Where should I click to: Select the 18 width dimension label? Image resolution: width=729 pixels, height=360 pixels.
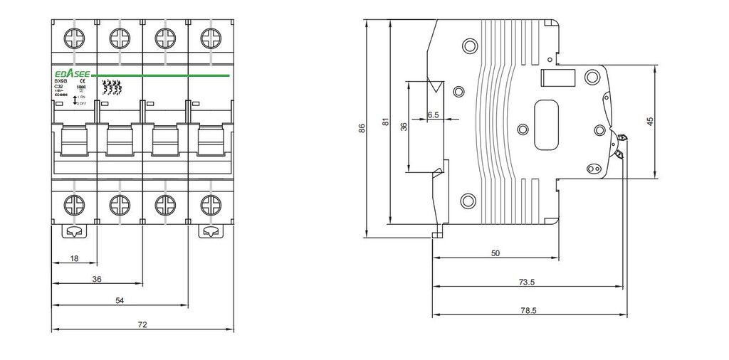(75, 258)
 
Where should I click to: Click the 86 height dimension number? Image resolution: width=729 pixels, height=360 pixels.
(362, 129)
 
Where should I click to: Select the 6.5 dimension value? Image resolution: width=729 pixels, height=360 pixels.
(433, 114)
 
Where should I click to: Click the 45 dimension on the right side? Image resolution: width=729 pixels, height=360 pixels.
(649, 122)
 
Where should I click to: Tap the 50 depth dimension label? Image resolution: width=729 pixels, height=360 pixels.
(495, 253)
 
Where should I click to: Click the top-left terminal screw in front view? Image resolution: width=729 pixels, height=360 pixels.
(74, 36)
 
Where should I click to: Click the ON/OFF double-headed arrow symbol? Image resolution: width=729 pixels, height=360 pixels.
(75, 99)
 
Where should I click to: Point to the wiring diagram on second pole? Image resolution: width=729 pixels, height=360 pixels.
(112, 88)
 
